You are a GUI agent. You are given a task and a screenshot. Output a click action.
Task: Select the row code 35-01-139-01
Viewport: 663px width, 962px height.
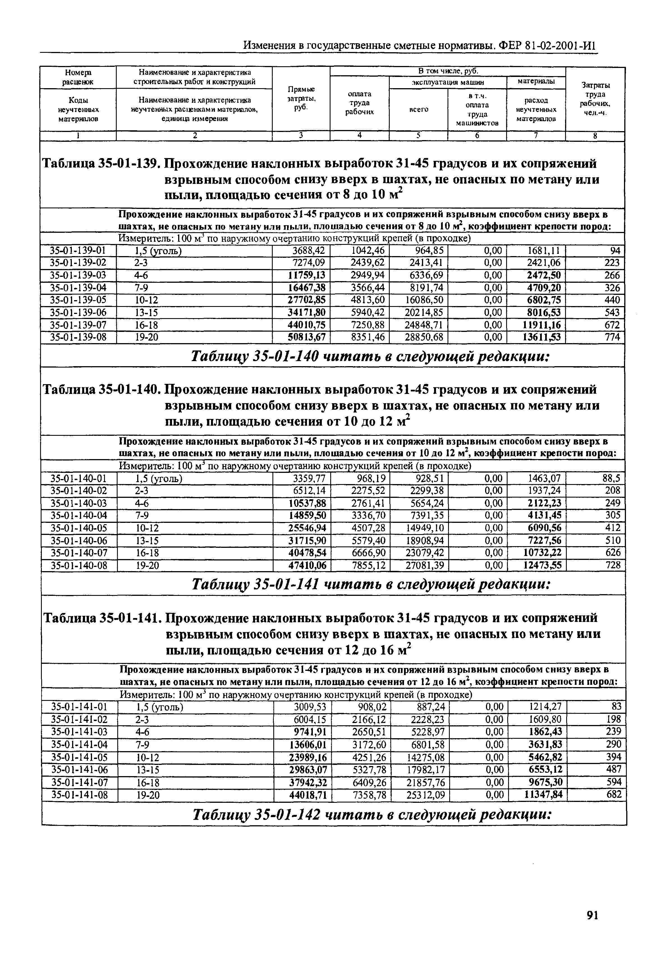78,250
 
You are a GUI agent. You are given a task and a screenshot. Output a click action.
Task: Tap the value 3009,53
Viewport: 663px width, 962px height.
310,707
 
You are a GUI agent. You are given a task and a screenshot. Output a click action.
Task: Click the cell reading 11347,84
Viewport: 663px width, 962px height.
543,795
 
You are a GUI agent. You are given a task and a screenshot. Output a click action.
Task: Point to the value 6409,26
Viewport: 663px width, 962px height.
369,782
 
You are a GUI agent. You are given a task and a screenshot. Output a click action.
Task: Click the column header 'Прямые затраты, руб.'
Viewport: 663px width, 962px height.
301,98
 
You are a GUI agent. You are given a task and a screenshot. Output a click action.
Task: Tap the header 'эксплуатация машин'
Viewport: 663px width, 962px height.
448,82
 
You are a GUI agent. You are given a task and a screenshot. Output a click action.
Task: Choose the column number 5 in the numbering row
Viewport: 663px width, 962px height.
418,136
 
